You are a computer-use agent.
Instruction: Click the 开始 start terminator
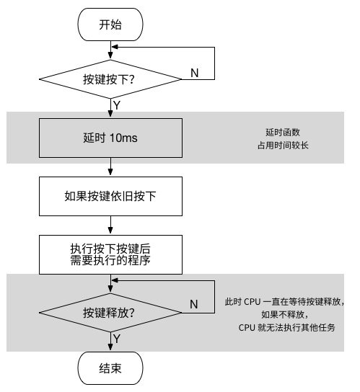110,24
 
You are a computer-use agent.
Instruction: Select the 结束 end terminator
110,368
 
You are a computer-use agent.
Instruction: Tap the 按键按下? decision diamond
110,79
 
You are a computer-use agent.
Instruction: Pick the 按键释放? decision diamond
110,313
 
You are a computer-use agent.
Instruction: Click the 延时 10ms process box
110,138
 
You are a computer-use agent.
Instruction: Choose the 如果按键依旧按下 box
110,196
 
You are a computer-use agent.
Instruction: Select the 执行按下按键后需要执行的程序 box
110,254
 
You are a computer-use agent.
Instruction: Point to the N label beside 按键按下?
195,73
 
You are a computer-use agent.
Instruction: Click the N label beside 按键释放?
194,304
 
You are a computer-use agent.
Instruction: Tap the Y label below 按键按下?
117,105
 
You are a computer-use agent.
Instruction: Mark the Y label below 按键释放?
117,339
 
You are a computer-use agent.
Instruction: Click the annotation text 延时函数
283,133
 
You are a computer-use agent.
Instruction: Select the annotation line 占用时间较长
283,146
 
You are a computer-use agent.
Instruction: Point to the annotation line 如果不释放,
284,314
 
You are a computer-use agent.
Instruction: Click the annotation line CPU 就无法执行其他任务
286,327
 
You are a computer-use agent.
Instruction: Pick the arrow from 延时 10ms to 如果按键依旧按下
110,167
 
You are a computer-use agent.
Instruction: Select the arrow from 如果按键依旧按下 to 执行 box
110,226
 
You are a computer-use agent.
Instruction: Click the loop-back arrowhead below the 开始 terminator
115,47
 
